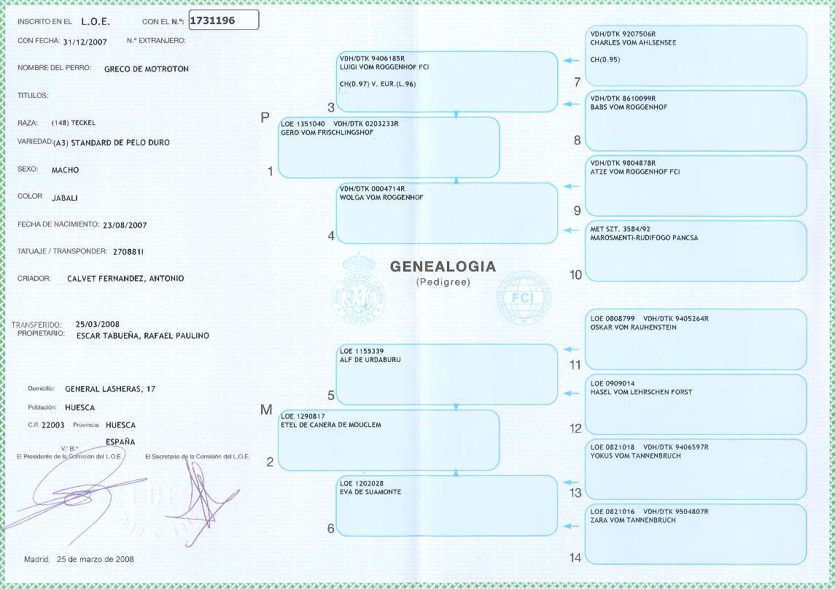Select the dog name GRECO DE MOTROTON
click(147, 69)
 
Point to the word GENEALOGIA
click(443, 267)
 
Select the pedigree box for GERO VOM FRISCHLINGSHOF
click(389, 148)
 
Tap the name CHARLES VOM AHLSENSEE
click(633, 42)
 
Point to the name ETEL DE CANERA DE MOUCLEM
click(331, 424)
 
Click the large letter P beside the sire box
click(265, 118)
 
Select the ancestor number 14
click(575, 558)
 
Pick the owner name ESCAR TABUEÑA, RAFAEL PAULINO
click(142, 336)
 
